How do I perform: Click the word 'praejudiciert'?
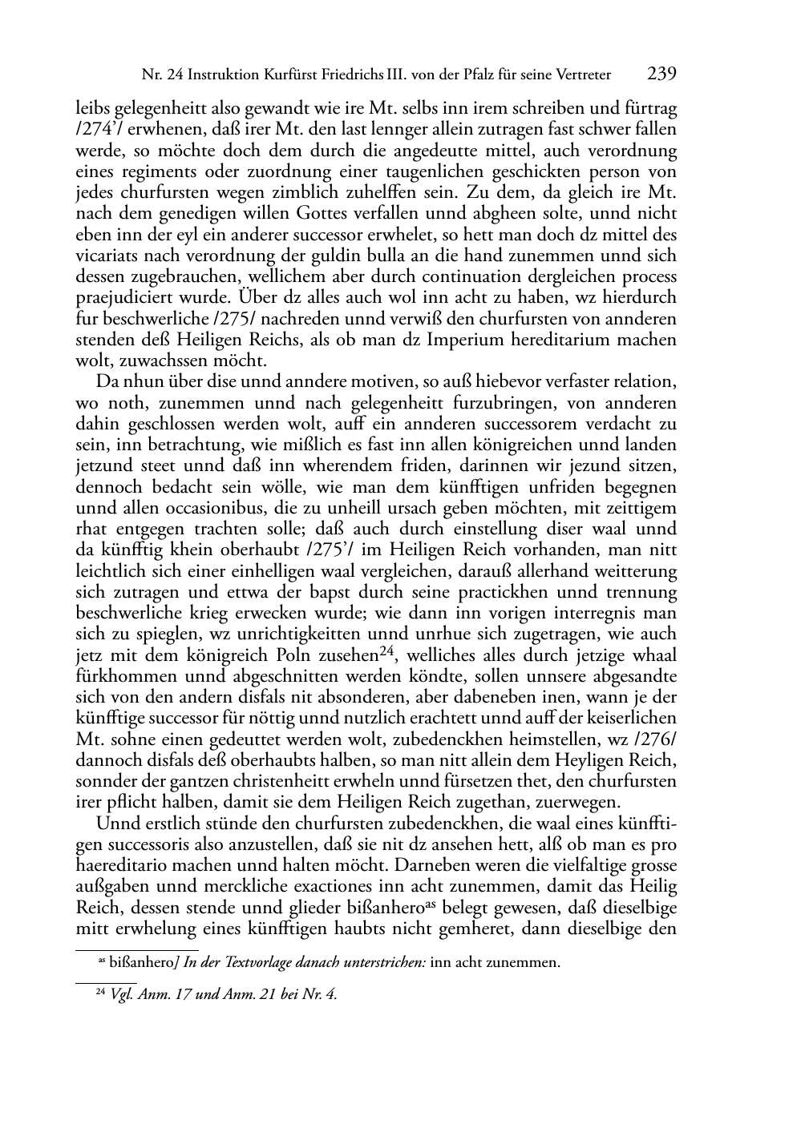click(123, 298)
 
